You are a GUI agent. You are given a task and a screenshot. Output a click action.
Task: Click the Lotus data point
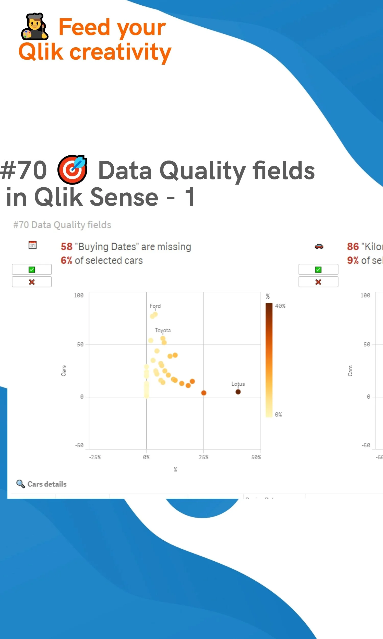tap(238, 392)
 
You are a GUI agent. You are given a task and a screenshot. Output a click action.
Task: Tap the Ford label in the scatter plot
tap(155, 306)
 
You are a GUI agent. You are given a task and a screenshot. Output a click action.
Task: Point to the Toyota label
tap(163, 330)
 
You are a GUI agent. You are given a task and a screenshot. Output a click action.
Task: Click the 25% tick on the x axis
tap(203, 457)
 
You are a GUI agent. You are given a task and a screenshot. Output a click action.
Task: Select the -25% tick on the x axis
tap(95, 457)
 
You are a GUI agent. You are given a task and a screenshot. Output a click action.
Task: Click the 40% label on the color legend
tap(280, 306)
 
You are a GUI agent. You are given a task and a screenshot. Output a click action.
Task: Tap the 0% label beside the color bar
tap(278, 414)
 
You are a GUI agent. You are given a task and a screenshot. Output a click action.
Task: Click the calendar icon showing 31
tap(32, 245)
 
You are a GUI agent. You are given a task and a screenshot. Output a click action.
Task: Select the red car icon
tap(319, 246)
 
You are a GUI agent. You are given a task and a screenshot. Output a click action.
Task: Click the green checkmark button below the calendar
tap(32, 269)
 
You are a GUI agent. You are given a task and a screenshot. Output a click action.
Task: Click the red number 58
tap(67, 247)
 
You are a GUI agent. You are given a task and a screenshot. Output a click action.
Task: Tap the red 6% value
tap(66, 260)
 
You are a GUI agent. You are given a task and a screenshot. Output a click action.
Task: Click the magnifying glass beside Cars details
tap(21, 484)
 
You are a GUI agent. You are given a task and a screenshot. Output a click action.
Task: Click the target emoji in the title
tap(72, 170)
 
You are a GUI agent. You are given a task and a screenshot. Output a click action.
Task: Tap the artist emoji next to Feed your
tap(34, 27)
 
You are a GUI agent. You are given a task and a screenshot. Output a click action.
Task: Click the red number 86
tap(353, 247)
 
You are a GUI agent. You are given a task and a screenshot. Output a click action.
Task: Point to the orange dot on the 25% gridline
tap(204, 393)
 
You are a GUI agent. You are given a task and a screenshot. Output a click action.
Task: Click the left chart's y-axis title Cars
tap(64, 371)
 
